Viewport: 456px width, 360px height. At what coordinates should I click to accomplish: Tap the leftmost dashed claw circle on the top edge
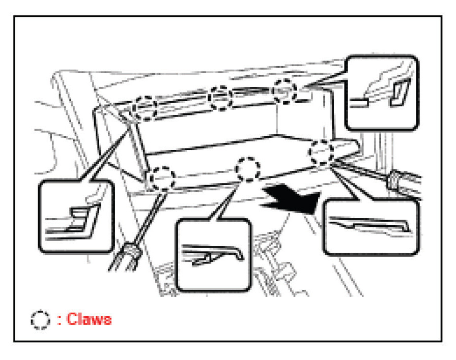click(x=144, y=107)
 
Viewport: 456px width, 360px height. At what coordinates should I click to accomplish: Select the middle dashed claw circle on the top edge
click(x=221, y=97)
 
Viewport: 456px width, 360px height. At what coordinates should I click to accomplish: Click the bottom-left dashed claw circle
click(x=162, y=178)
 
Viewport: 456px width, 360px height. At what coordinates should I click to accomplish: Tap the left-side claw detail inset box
click(x=76, y=218)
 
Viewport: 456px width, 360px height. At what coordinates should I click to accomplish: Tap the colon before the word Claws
click(x=59, y=320)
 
